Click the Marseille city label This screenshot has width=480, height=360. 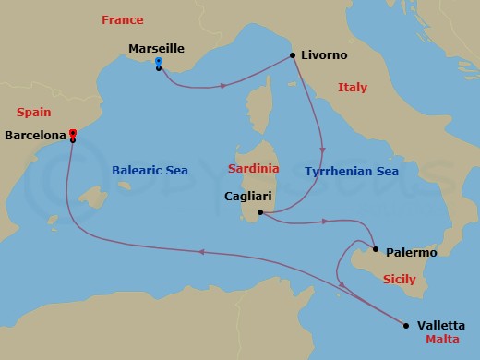point(159,48)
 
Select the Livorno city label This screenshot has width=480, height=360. point(325,55)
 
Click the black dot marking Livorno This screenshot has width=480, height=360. point(294,55)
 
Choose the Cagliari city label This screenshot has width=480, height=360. point(248,196)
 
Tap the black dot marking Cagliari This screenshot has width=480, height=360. point(261,213)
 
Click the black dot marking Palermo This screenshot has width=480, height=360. point(376,247)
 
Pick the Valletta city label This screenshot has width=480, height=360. point(441,325)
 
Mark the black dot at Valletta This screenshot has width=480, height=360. point(406,324)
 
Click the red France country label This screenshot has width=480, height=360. point(123,18)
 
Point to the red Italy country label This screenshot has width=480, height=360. point(352,88)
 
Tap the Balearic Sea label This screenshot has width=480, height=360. point(150,171)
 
